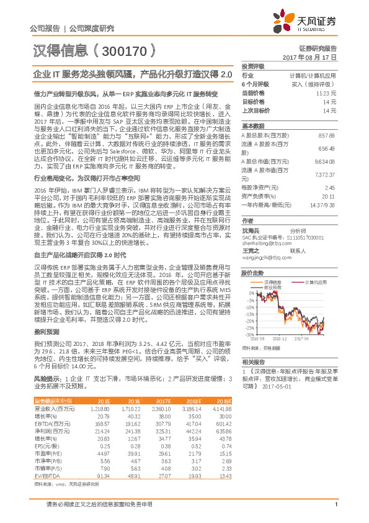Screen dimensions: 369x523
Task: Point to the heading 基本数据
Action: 252,125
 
